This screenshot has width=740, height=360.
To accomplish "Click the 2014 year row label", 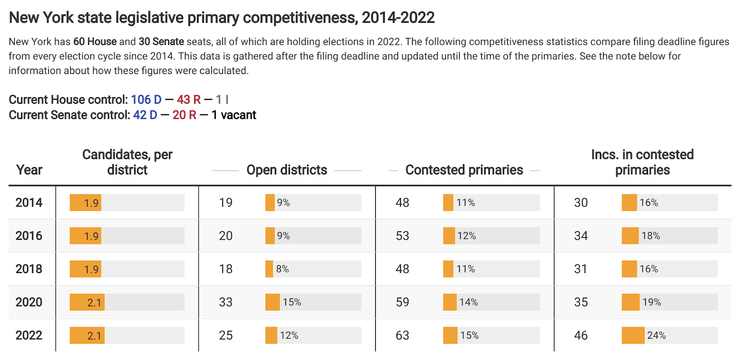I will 29,203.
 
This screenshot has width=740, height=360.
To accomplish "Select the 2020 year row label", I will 29,302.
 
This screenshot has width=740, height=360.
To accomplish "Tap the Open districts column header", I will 287,170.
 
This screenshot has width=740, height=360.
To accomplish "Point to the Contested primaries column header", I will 464,170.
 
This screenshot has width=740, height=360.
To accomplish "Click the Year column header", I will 29,170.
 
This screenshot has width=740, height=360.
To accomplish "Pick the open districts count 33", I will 226,302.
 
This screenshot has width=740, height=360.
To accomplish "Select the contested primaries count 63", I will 402,335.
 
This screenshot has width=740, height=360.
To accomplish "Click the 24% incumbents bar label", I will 656,335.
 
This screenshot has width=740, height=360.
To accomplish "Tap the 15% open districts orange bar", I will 272,302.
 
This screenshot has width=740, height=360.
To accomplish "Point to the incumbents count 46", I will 581,335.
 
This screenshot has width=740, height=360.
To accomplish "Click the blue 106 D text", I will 146,99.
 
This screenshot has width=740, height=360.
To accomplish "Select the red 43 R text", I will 189,99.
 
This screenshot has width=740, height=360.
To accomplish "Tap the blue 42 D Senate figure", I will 145,115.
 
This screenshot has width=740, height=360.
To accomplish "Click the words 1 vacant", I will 234,115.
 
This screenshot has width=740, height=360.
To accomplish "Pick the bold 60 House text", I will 95,42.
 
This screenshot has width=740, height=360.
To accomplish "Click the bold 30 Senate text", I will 161,42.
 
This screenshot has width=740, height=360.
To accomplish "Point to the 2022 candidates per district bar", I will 87,335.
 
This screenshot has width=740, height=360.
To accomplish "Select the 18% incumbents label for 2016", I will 650,236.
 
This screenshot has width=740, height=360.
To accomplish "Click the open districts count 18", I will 226,269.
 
